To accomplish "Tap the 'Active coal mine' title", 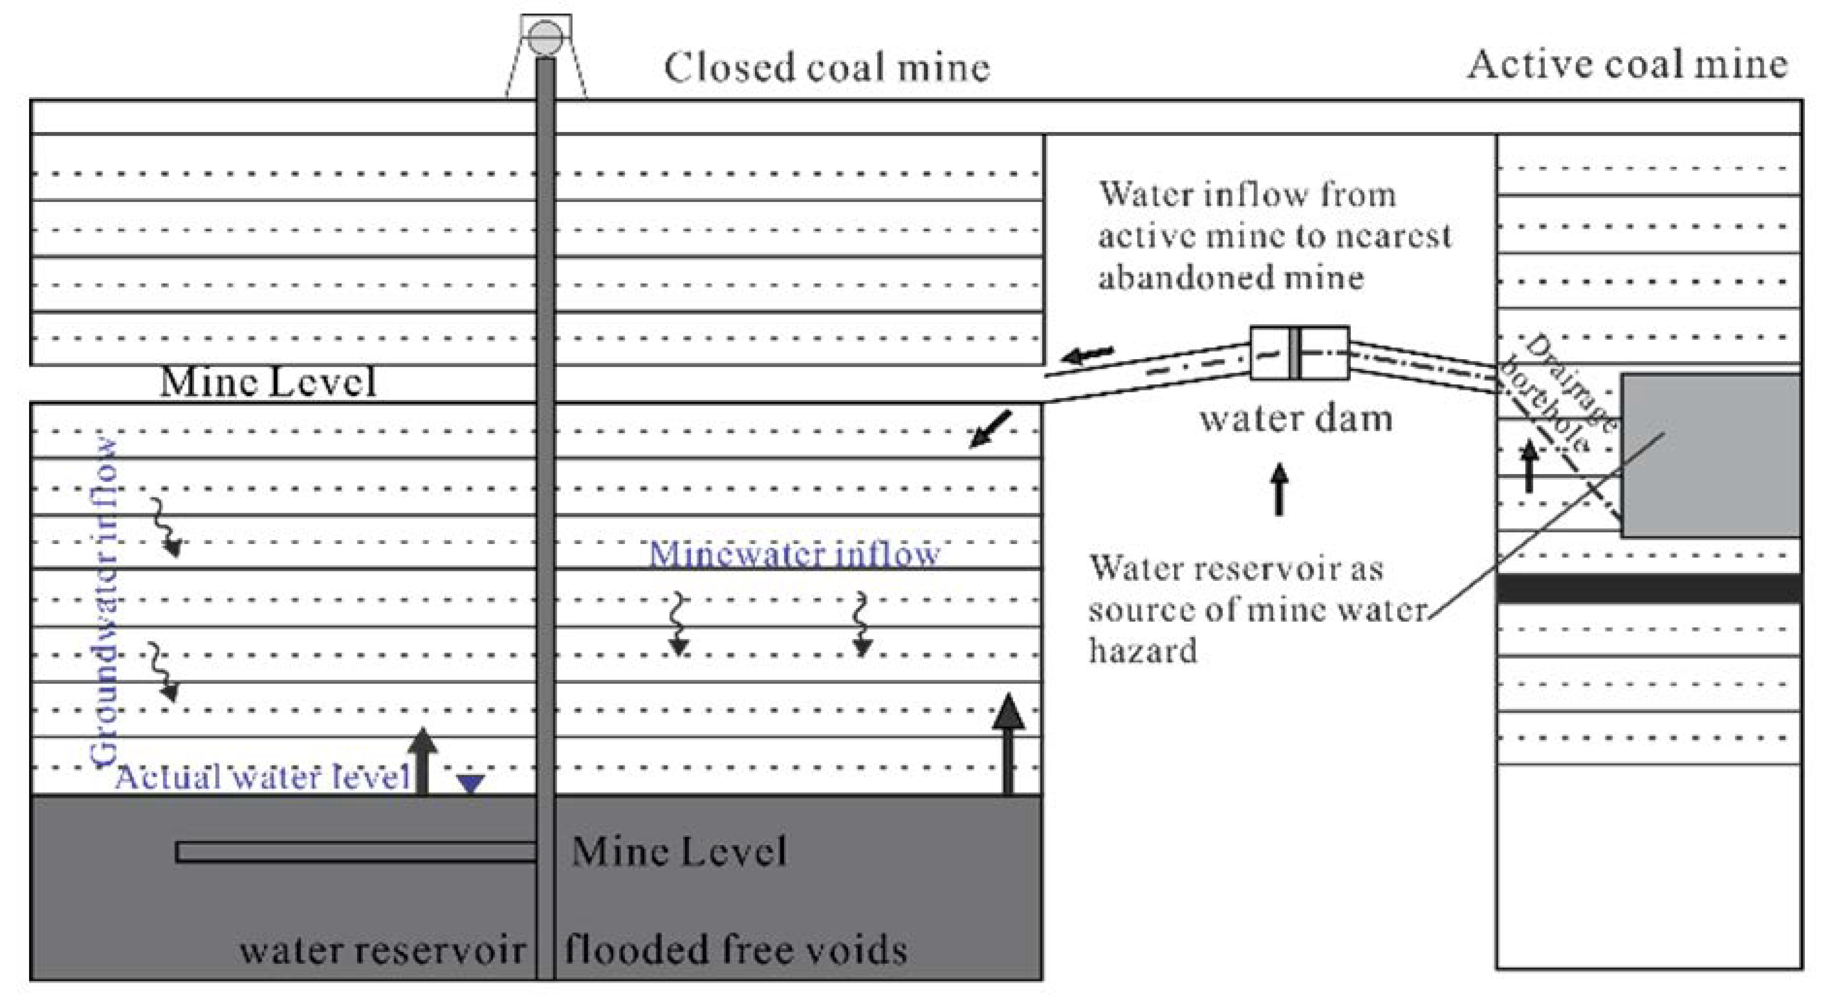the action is tap(1628, 64).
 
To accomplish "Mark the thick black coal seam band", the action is tap(1649, 588).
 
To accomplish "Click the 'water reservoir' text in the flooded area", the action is tap(382, 950).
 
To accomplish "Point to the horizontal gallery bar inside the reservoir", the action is tap(356, 853).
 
